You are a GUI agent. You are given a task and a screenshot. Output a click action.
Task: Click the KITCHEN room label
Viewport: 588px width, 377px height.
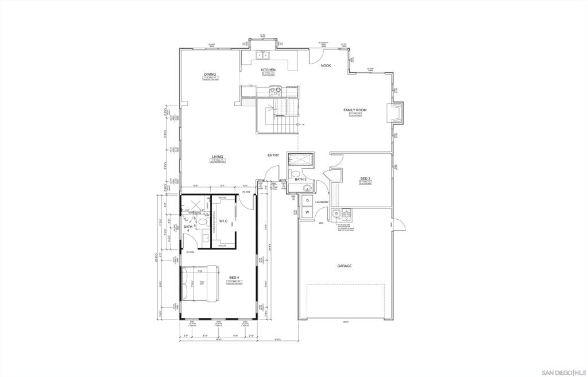(268, 69)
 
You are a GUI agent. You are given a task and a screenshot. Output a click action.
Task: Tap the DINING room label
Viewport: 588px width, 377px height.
(210, 74)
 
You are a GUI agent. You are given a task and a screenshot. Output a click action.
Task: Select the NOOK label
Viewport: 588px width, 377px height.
(326, 65)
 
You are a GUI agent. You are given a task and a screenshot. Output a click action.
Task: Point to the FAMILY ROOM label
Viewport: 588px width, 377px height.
(355, 110)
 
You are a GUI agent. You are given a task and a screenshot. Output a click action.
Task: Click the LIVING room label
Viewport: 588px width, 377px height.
(217, 157)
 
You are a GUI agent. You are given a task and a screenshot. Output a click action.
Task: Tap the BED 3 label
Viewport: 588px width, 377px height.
(365, 178)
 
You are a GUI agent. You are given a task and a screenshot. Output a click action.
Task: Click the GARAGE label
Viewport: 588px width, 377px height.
(345, 266)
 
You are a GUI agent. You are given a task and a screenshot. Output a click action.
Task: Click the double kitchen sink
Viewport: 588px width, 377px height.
(264, 55)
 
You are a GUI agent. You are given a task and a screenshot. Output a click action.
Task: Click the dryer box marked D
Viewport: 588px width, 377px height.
(307, 200)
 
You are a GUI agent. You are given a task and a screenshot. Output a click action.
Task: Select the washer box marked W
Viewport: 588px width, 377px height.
(307, 212)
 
